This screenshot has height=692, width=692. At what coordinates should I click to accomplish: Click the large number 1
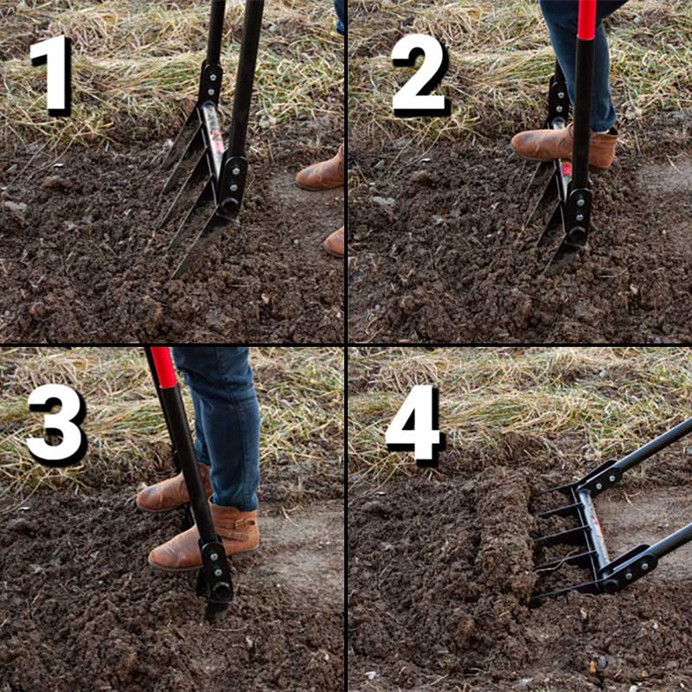[x=52, y=74]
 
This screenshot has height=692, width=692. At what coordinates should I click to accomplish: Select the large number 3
[x=56, y=425]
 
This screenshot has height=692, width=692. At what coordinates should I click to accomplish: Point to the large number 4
[x=414, y=424]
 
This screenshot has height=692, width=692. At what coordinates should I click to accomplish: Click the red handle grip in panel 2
[x=587, y=19]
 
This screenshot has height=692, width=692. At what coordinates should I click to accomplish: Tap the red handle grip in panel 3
[x=163, y=367]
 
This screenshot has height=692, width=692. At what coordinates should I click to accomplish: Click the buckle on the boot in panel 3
[x=240, y=524]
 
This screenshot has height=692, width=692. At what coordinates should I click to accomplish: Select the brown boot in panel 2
[x=565, y=144]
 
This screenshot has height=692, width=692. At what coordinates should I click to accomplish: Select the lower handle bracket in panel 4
[x=631, y=567]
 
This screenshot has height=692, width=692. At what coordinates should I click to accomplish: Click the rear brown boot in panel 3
[x=173, y=489]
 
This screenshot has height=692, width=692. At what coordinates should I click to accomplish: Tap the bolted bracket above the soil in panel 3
[x=216, y=569]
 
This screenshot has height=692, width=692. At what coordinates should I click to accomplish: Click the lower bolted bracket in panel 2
[x=579, y=216]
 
